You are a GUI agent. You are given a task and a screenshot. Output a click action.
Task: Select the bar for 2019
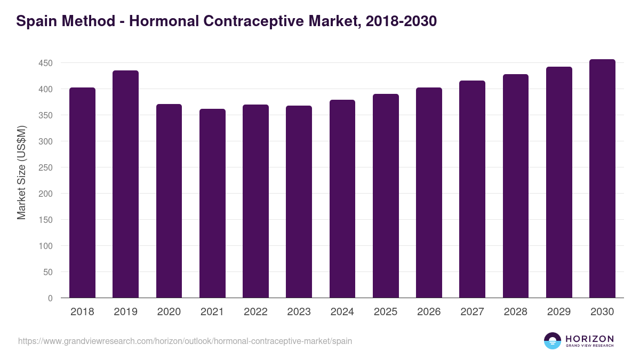(x=125, y=184)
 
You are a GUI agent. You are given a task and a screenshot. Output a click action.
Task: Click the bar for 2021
(x=212, y=203)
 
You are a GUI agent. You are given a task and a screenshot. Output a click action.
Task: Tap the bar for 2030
(x=602, y=179)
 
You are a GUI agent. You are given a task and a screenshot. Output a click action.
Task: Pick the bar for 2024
(x=342, y=198)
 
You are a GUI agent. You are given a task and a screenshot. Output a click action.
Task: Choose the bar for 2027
(x=472, y=189)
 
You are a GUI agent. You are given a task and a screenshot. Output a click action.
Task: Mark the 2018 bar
(x=82, y=193)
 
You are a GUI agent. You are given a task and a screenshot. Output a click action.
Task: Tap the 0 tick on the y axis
(x=51, y=298)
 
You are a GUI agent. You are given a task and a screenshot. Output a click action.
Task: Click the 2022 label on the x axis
(x=255, y=312)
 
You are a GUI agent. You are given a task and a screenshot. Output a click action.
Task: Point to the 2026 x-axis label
(x=429, y=312)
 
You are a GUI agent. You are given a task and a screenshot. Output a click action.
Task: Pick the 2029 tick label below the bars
(x=559, y=312)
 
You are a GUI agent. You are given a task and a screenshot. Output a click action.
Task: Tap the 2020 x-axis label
(x=169, y=312)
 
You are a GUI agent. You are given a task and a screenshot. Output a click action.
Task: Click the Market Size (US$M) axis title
(x=21, y=172)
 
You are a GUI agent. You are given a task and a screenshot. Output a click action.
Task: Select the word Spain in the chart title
(x=36, y=21)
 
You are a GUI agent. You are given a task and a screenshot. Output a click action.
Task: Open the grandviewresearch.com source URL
(x=185, y=341)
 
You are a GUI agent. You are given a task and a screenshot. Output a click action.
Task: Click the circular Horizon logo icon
(x=553, y=341)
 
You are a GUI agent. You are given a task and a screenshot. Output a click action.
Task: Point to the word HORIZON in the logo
(x=590, y=338)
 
